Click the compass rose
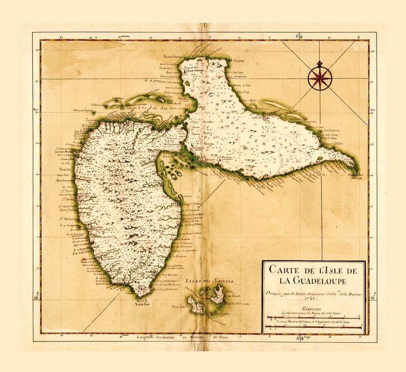[x=319, y=77]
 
